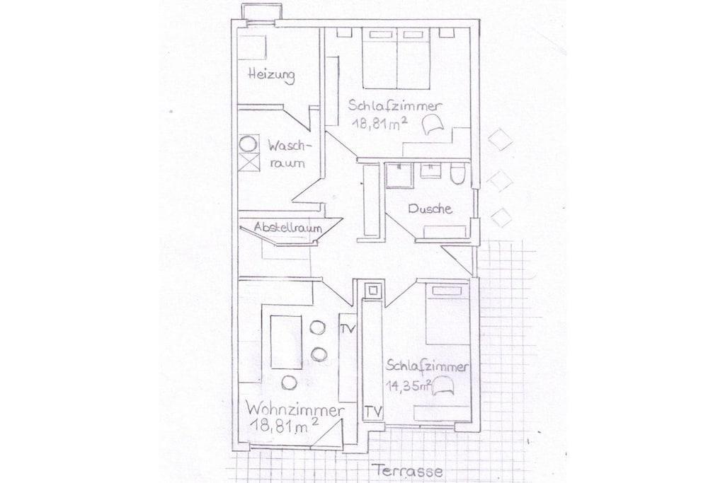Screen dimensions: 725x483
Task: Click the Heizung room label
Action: click(x=271, y=75)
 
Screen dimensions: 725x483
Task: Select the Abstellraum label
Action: click(x=287, y=227)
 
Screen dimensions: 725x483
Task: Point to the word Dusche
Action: click(x=430, y=209)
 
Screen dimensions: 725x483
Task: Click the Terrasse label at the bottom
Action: click(x=409, y=471)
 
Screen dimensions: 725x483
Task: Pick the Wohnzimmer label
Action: click(x=295, y=409)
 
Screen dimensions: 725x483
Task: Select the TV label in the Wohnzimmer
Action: click(x=348, y=329)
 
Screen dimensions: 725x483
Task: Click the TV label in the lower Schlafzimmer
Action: click(x=374, y=410)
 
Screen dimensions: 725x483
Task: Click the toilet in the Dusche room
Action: click(x=457, y=173)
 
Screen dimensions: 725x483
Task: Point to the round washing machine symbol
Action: click(x=249, y=144)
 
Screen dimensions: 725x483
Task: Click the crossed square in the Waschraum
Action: click(x=249, y=161)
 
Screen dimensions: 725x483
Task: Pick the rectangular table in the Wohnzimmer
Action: click(x=286, y=342)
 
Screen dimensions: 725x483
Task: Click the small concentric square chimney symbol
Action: click(x=372, y=291)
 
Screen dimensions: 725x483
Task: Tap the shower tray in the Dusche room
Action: click(x=399, y=175)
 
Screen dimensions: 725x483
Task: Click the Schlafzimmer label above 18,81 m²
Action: click(x=395, y=106)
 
